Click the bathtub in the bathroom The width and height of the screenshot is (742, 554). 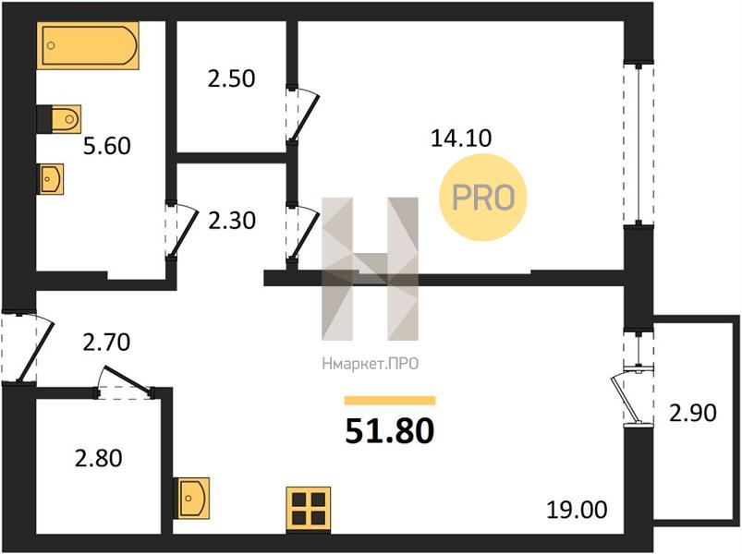point(88,45)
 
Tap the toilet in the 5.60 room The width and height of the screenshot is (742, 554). point(59,119)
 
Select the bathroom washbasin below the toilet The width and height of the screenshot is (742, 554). point(51,179)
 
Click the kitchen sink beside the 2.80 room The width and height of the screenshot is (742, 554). point(191,498)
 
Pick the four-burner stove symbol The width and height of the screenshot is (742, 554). point(308,508)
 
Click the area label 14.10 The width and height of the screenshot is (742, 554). point(461,138)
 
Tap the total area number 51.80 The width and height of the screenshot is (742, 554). point(389,430)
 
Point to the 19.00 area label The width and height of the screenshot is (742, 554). point(577,510)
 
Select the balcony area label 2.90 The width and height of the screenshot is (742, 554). point(693,413)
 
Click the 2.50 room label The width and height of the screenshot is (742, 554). point(231,78)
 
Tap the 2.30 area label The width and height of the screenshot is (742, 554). point(232,221)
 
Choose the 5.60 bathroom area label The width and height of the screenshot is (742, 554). point(107,146)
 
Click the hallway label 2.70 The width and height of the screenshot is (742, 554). point(106,343)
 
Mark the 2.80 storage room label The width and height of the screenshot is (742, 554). point(99,458)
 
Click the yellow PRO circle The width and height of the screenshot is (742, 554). point(483,197)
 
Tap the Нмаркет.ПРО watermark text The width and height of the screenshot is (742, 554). point(370,364)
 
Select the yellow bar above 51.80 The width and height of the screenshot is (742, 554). point(389,401)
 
